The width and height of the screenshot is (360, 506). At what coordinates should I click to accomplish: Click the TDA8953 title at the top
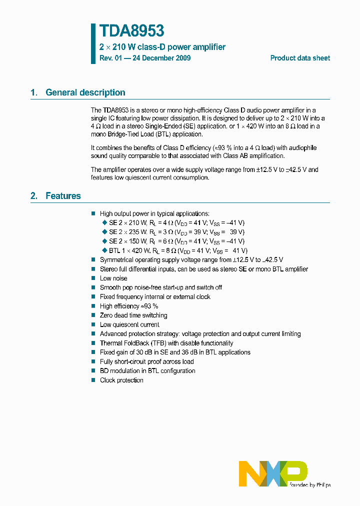point(132,31)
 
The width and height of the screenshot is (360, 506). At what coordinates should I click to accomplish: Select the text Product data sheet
point(300,58)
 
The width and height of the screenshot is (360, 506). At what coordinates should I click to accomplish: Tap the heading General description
point(85,92)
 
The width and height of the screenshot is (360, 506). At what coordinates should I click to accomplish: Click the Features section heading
point(63,196)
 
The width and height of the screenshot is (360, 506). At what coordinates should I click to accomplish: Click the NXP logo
point(273,473)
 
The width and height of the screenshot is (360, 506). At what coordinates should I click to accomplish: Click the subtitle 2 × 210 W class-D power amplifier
point(162,47)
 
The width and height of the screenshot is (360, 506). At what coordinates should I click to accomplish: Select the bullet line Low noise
point(113,278)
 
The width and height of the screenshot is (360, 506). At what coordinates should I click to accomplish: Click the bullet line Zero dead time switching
point(133,315)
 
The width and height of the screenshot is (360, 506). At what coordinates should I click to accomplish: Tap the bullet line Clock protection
point(121,380)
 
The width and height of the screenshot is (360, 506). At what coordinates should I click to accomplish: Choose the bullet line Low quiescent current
point(129,325)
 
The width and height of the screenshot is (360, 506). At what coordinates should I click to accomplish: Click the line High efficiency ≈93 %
point(129,306)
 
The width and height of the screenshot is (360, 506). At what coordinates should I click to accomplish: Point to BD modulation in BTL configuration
point(147,371)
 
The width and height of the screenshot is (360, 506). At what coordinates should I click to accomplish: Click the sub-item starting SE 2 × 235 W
point(176,232)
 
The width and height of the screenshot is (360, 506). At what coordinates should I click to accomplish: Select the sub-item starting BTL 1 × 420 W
point(178,250)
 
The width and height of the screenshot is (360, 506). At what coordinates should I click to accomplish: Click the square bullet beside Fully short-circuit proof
point(93,361)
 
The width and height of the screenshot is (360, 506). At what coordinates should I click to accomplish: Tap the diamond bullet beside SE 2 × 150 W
point(104,241)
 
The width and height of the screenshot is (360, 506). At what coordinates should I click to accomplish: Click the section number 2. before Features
point(34,196)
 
